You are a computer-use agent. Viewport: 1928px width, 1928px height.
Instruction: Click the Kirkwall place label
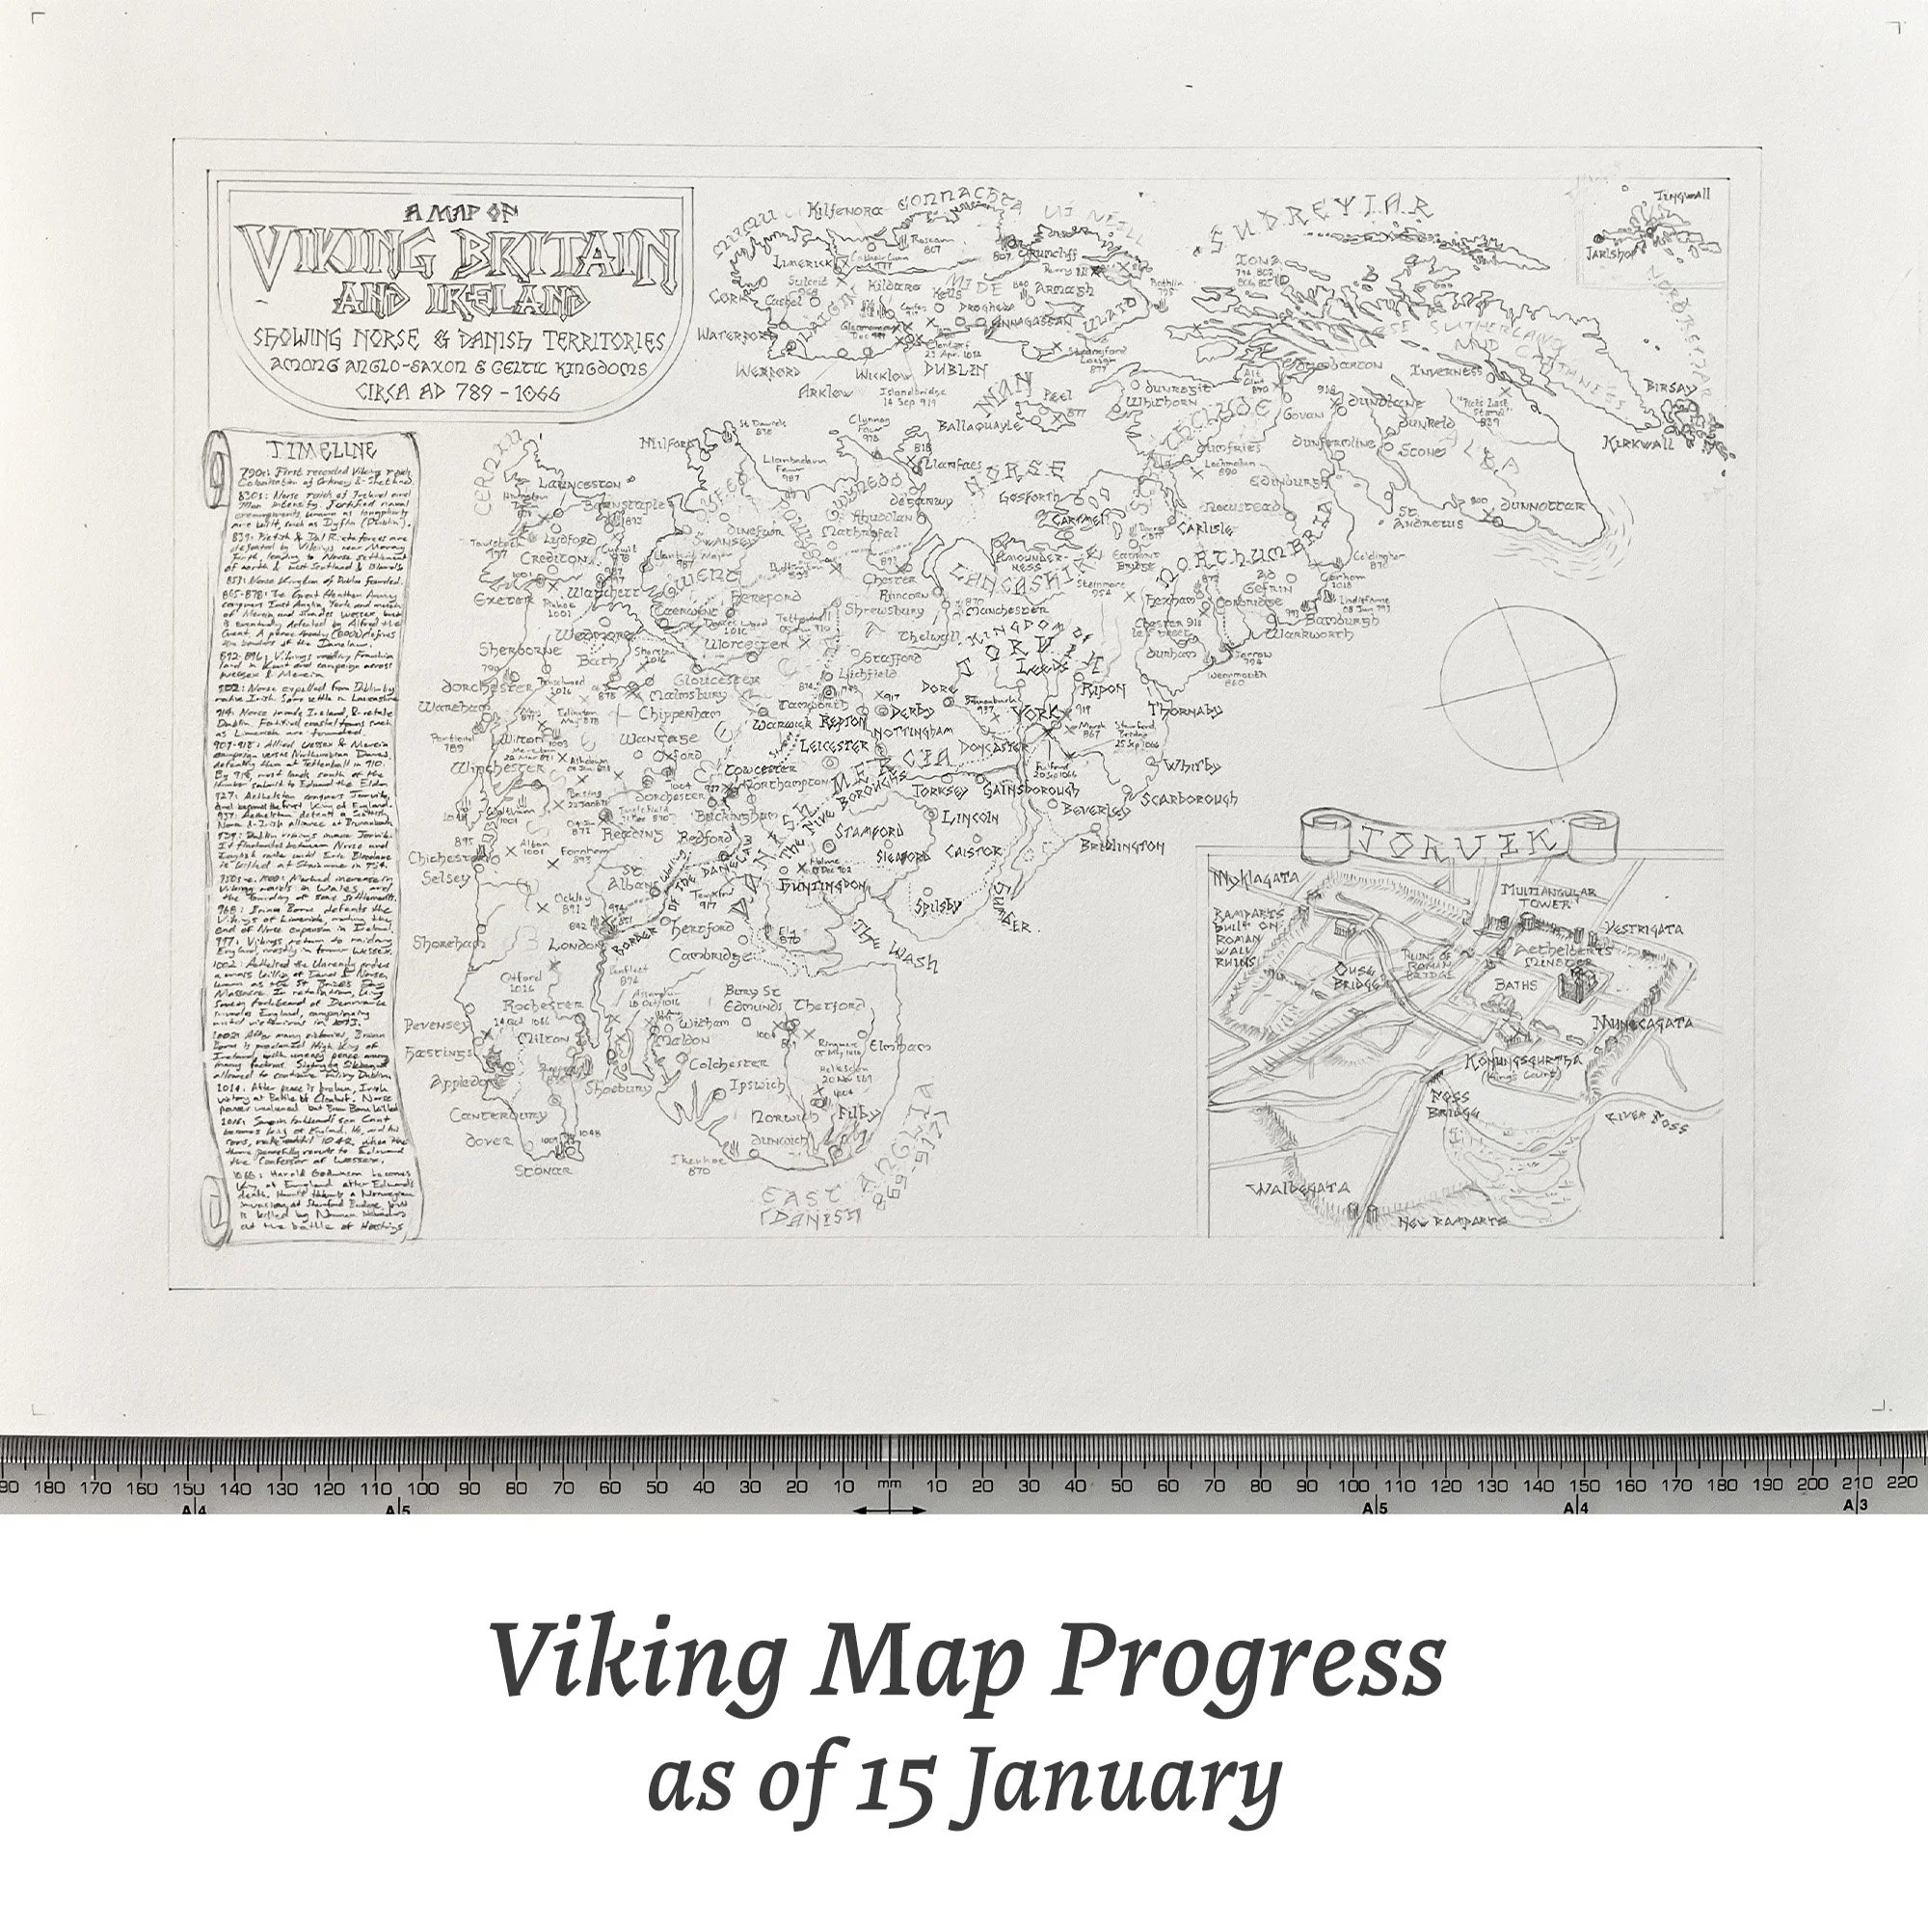click(1639, 443)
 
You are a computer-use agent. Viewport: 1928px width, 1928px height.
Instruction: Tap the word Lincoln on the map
click(969, 817)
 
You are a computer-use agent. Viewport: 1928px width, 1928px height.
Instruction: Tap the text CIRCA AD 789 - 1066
click(458, 392)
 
